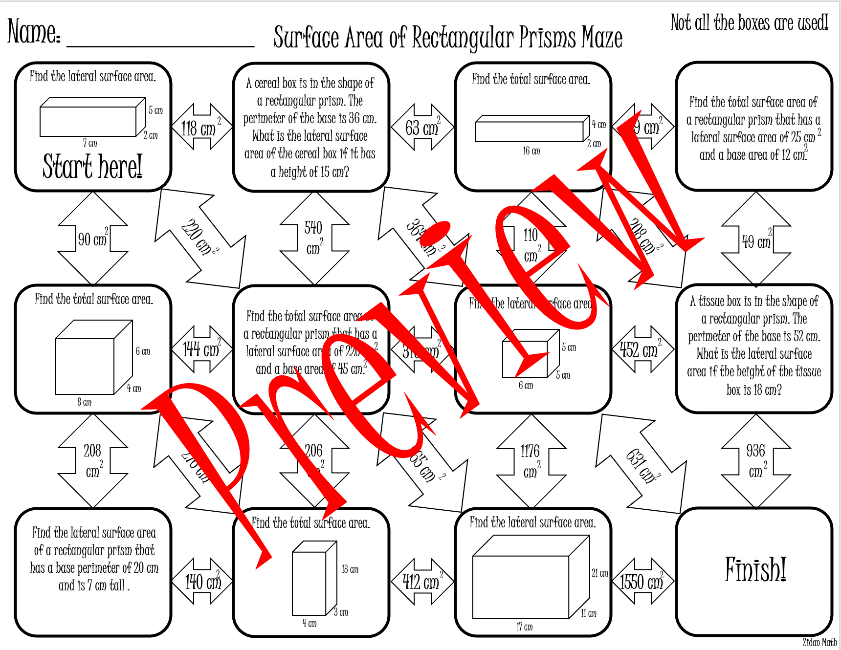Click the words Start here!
click(92, 166)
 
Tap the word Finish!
click(755, 570)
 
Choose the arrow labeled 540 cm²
click(314, 238)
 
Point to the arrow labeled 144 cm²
click(201, 349)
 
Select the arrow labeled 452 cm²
click(642, 349)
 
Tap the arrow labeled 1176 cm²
click(531, 461)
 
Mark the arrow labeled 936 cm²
click(756, 461)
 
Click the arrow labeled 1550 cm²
click(642, 581)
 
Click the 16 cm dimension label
click(531, 151)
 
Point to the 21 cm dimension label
click(600, 573)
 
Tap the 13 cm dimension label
click(350, 569)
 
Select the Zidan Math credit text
click(819, 642)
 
